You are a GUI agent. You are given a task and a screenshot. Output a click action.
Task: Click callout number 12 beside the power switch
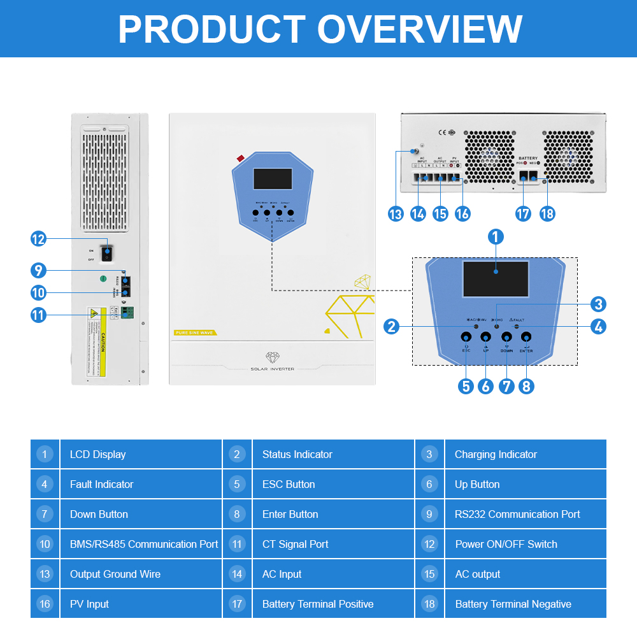[39, 239]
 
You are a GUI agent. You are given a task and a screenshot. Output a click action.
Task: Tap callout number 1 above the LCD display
[496, 237]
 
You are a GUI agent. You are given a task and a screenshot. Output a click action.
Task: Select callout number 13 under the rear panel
[396, 214]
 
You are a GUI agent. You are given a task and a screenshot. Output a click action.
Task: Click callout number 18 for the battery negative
[547, 214]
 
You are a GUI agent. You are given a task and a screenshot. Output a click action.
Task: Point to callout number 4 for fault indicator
[598, 327]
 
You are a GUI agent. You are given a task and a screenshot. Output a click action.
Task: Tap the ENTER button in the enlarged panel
[526, 336]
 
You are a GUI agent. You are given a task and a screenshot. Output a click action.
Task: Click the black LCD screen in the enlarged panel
[496, 279]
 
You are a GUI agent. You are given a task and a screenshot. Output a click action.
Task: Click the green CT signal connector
[127, 313]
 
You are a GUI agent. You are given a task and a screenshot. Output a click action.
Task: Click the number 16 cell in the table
[45, 604]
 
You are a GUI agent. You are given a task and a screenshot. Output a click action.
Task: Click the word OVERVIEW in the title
[420, 29]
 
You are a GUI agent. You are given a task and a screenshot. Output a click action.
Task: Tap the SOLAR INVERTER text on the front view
[272, 369]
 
